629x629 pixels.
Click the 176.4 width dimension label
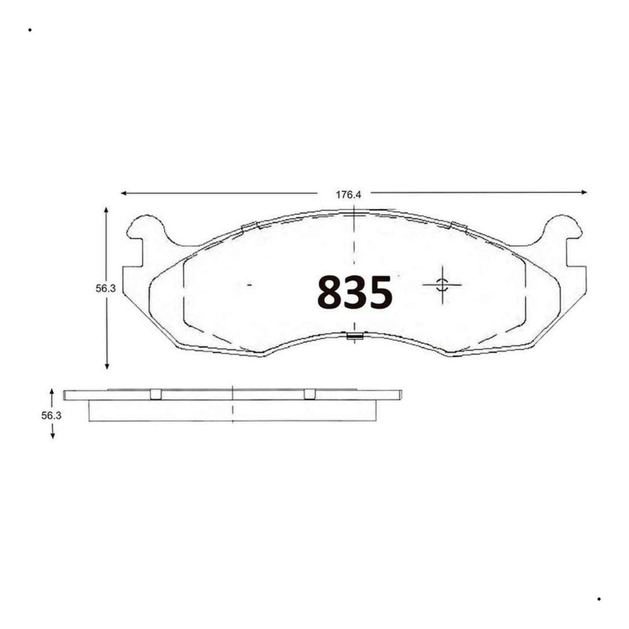point(348,195)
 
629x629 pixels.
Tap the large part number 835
point(354,292)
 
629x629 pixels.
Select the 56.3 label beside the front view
point(106,289)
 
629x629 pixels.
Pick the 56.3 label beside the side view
point(52,416)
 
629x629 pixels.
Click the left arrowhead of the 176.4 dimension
point(124,193)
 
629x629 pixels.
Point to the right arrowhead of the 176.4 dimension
point(584,192)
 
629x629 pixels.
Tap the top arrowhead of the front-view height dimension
point(106,211)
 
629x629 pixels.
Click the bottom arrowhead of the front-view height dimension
point(107,365)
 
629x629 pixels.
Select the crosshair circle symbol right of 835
point(442,284)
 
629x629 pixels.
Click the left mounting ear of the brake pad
point(145,231)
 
